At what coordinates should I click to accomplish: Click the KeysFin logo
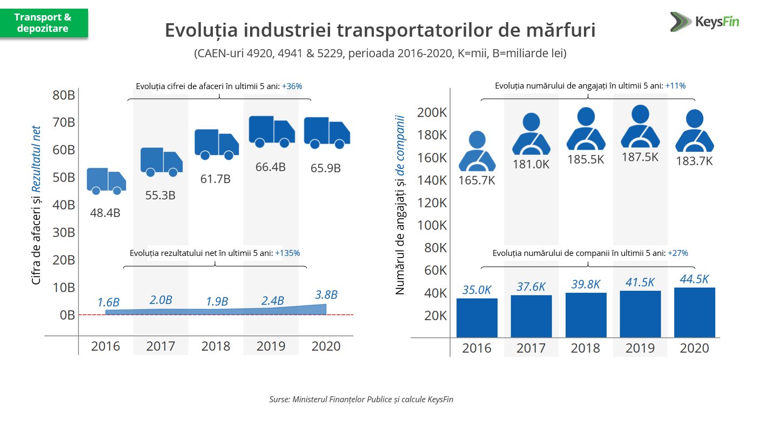coord(704,22)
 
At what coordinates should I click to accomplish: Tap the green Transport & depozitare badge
coord(44,23)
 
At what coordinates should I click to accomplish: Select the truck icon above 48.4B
coord(106,181)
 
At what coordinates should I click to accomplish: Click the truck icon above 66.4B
coord(271,131)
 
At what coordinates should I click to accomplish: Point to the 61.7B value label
coord(216,179)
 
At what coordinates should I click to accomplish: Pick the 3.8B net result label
coord(326,295)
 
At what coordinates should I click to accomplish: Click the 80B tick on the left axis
coord(64,95)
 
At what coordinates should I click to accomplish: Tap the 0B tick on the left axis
coord(67,315)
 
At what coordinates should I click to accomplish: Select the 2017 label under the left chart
coord(160,346)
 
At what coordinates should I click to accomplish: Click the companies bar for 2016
coord(476,317)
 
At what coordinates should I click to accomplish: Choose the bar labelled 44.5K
coord(694,312)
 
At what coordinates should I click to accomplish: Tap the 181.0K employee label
coord(531,164)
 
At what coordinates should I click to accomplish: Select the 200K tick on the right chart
coord(432,113)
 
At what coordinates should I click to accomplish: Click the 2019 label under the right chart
coord(640,348)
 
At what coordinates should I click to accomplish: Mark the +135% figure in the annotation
coord(287,253)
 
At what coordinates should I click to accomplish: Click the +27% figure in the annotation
coord(678,253)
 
